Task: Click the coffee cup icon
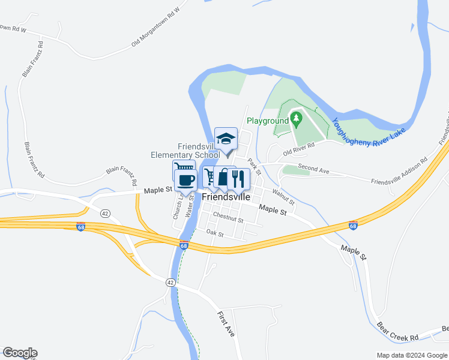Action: click(185, 179)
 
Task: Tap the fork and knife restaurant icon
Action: click(239, 178)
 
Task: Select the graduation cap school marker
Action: click(226, 139)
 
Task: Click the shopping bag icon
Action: click(224, 178)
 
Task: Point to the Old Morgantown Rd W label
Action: click(155, 28)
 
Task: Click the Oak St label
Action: click(214, 232)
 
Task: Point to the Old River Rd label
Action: click(300, 153)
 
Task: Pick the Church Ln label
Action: click(177, 206)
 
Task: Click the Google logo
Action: click(20, 353)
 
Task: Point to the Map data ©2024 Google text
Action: click(411, 355)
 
